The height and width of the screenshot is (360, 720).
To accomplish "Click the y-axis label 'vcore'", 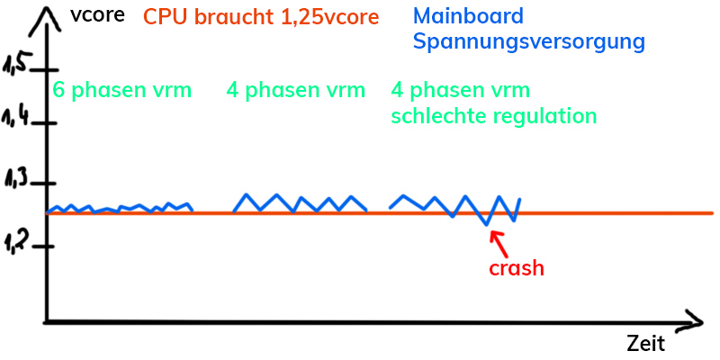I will click(x=95, y=16).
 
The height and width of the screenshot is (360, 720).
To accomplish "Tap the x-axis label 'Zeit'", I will click(x=645, y=343).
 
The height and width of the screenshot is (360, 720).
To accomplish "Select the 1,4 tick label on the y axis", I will click(x=17, y=116).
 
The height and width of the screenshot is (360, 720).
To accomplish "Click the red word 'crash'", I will click(x=516, y=267).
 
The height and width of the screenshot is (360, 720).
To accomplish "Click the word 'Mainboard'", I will click(x=468, y=16).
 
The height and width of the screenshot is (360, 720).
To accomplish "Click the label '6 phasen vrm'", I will click(x=121, y=90).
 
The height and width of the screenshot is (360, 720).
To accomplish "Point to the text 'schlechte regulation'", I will click(x=494, y=116).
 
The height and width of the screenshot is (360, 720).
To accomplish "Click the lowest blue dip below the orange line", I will click(x=486, y=223).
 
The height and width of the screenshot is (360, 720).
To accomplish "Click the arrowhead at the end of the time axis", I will click(x=695, y=319).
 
